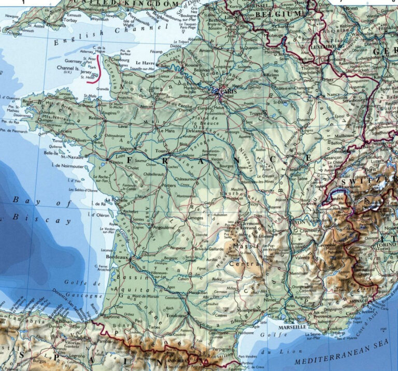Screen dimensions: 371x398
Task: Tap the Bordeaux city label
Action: pos(116,258)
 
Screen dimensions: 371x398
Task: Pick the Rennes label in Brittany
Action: pos(97,118)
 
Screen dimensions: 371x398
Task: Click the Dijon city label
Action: pos(294,153)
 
